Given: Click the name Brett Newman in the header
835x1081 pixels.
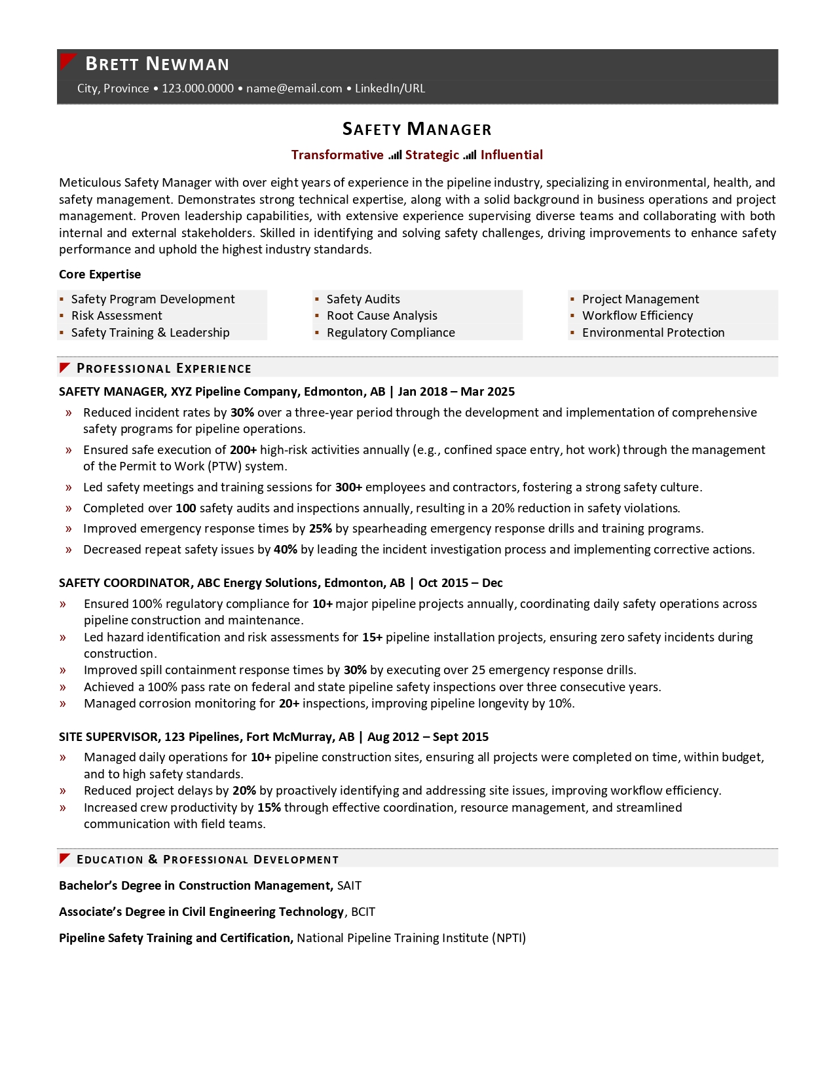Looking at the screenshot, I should coord(157,64).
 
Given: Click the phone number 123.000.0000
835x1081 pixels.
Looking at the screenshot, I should coord(198,88).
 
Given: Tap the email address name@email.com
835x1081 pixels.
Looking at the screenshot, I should coord(294,88).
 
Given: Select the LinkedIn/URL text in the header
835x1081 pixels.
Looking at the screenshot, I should coord(390,88).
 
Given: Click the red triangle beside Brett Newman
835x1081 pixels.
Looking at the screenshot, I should coord(67,61).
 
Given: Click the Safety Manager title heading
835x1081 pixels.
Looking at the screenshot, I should coord(417,129).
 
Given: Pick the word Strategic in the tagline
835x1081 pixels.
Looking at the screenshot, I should coord(432,155).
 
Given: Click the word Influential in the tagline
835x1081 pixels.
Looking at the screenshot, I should coord(511,155).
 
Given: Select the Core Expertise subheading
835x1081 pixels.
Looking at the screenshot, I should coord(100,275).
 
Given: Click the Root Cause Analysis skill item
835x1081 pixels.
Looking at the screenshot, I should coord(382,316).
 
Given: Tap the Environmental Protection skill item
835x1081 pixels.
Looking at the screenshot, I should coord(653,333).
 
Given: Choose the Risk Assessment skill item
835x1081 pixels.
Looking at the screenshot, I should coord(117,316).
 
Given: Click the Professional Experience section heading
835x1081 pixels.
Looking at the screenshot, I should coord(164,368).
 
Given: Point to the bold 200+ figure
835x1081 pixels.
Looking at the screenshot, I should coord(243,450).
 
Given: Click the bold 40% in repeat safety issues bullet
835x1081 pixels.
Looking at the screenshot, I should coord(286,550).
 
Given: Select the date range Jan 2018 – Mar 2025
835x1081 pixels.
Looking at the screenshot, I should coord(456,392).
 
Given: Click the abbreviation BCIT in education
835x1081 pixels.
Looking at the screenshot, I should coord(363,912).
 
